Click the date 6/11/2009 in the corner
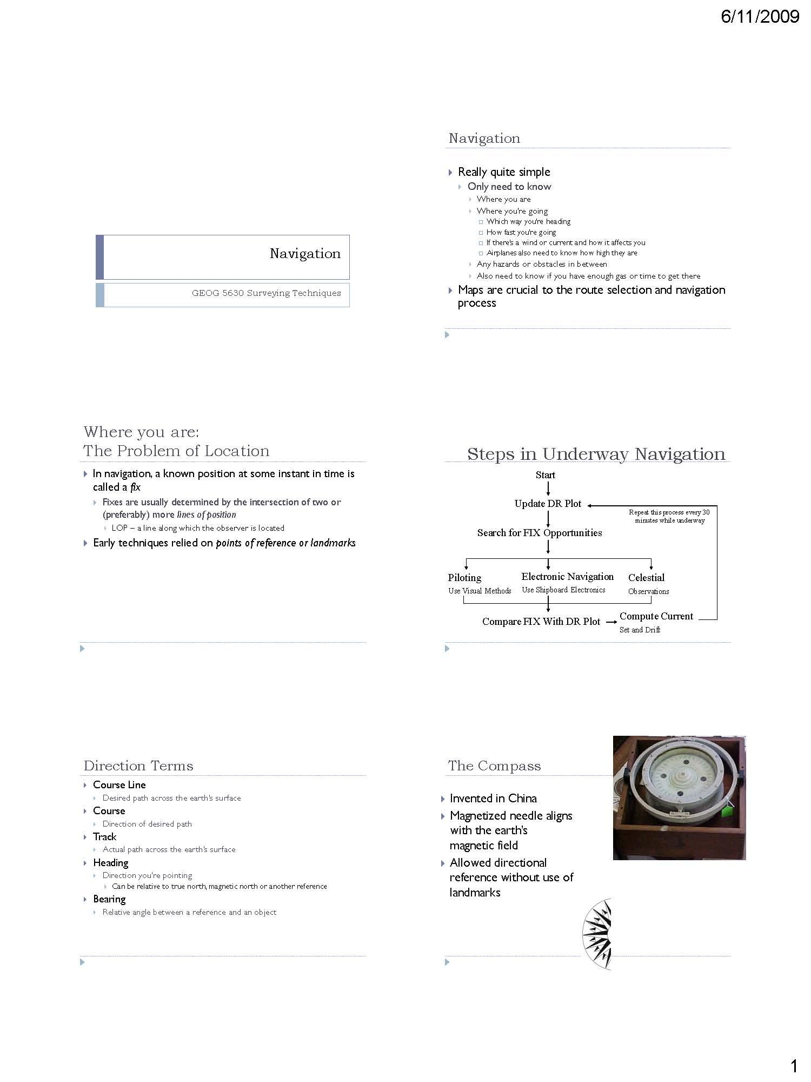coord(760,17)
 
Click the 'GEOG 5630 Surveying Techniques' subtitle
coord(266,293)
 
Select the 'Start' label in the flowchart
coord(545,475)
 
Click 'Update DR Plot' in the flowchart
coord(548,504)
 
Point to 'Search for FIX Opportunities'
coord(539,533)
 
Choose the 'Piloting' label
coord(464,578)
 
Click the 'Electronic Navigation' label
coord(567,577)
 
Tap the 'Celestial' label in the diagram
coord(646,578)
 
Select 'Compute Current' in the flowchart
coord(656,616)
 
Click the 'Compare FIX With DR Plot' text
coord(541,622)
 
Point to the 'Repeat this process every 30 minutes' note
coord(669,516)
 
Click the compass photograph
coord(679,797)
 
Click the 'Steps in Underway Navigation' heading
coord(596,454)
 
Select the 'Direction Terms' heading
coord(138,766)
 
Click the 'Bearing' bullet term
coord(109,899)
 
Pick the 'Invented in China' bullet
coord(493,799)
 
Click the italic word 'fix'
coord(135,487)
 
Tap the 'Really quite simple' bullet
coord(504,172)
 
